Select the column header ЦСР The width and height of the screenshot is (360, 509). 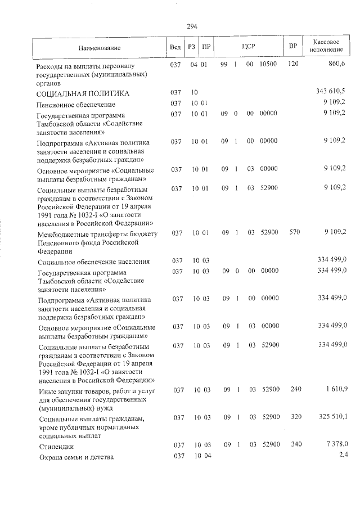click(x=248, y=46)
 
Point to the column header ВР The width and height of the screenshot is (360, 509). click(x=292, y=46)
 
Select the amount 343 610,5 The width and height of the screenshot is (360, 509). click(x=331, y=92)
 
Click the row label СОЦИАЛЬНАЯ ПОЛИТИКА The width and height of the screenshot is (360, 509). click(x=83, y=93)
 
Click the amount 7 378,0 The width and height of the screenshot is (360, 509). click(x=335, y=444)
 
